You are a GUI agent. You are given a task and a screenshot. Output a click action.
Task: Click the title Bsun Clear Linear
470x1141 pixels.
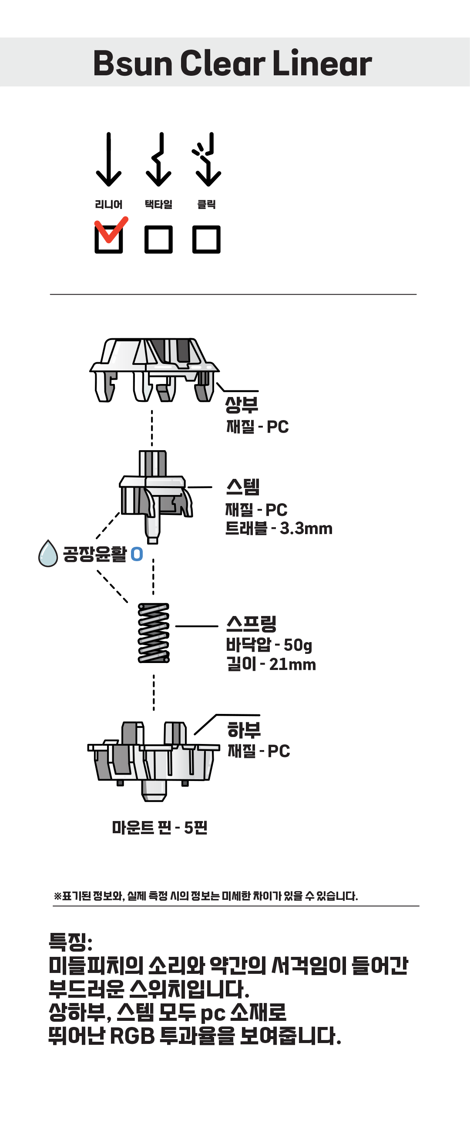point(232,63)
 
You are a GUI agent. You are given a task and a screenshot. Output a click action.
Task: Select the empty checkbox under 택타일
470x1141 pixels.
point(158,239)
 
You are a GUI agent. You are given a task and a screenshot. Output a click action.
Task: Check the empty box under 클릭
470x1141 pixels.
point(206,239)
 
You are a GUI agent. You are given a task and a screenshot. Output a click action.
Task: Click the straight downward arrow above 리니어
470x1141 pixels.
point(108,159)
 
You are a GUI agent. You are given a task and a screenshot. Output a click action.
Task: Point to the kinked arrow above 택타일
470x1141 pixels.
point(158,159)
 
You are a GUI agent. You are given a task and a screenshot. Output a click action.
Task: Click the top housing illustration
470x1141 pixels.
point(154,370)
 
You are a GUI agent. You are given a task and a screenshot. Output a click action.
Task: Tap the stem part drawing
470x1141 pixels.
point(156,497)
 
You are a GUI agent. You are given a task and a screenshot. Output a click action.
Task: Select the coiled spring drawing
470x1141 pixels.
point(154,633)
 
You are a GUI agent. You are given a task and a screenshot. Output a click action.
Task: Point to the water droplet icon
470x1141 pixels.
point(48,553)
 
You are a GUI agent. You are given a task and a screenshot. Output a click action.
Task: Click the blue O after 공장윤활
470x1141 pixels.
point(137,554)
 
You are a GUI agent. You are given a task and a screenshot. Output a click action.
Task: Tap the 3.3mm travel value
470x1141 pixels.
point(306,528)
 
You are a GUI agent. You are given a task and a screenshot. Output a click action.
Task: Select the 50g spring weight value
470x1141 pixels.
point(298,645)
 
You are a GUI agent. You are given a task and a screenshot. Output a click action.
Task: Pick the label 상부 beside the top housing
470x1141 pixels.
point(242,404)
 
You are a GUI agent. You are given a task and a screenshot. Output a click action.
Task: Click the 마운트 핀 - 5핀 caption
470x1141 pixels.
point(160,828)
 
